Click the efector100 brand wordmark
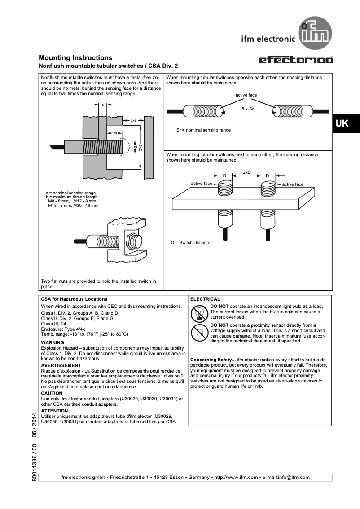pyautogui.click(x=296, y=60)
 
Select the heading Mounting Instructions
pyautogui.click(x=75, y=58)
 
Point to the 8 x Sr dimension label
pyautogui.click(x=247, y=109)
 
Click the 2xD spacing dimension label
pyautogui.click(x=246, y=172)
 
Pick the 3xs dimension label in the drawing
pyautogui.click(x=133, y=121)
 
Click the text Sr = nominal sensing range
pyautogui.click(x=203, y=130)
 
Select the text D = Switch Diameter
pyautogui.click(x=191, y=243)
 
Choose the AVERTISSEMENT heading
pyautogui.click(x=61, y=366)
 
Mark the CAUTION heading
pyautogui.click(x=52, y=393)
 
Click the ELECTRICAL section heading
pyautogui.click(x=205, y=299)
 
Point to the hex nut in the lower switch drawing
pyautogui.click(x=132, y=242)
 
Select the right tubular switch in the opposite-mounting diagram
pyautogui.click(x=292, y=110)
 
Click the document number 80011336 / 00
pyautogui.click(x=35, y=462)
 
